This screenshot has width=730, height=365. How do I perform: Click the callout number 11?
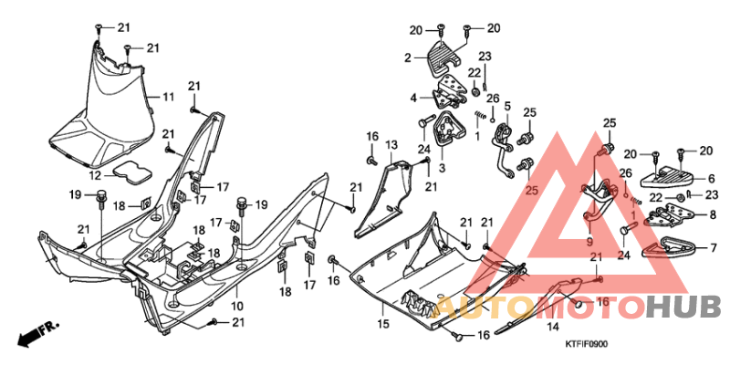168,97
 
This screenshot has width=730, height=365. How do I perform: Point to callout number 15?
384,322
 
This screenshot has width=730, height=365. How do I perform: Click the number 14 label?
553,325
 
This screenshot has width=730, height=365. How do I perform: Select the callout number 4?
412,98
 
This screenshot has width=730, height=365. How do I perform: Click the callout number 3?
441,168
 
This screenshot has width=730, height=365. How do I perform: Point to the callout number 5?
506,107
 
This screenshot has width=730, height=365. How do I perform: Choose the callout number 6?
711,179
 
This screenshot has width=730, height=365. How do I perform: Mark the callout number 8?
714,214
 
